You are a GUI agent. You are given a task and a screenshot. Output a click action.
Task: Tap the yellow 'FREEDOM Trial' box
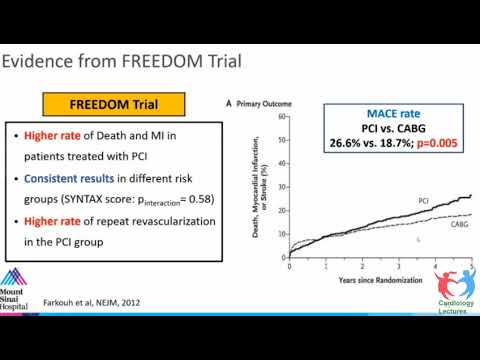(x=114, y=104)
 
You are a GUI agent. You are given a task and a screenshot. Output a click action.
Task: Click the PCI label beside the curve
(x=424, y=202)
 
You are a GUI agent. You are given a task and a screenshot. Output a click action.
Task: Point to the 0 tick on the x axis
(x=289, y=267)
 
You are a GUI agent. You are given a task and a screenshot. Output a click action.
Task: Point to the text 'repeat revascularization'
(x=171, y=221)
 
